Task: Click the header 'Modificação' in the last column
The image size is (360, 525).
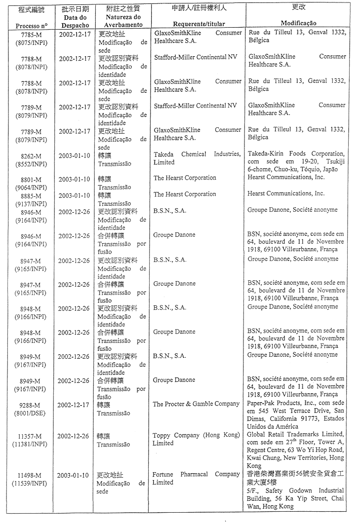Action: [x=298, y=24]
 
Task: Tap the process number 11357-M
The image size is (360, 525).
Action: [x=31, y=436]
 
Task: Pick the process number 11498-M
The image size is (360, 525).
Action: [x=31, y=475]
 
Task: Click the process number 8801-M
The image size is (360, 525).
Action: [x=31, y=180]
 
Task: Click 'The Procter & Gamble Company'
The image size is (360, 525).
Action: [x=196, y=404]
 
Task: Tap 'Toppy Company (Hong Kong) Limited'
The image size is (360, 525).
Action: [x=196, y=439]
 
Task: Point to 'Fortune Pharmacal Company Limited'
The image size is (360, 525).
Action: [x=196, y=478]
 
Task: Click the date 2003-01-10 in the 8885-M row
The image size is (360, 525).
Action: [x=75, y=195]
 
